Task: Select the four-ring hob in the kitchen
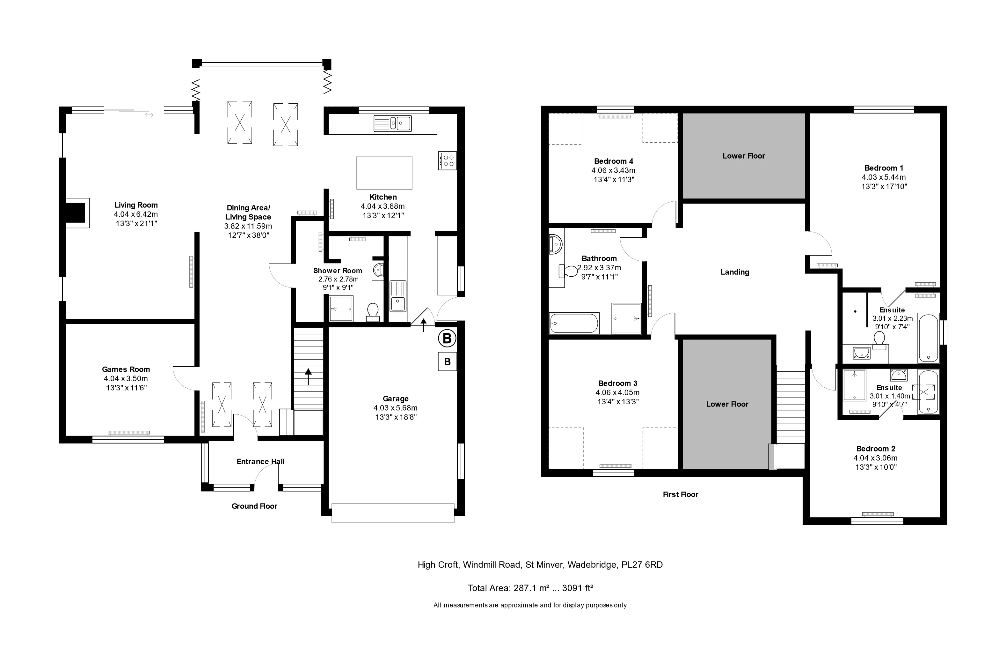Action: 447,160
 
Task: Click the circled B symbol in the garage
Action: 447,339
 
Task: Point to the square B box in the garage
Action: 447,362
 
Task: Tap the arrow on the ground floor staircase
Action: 308,377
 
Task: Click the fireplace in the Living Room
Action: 77,213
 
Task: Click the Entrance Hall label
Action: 260,461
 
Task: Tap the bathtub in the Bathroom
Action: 574,324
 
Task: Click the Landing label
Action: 734,272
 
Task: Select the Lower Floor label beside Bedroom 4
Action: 743,156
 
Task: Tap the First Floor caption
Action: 680,494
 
